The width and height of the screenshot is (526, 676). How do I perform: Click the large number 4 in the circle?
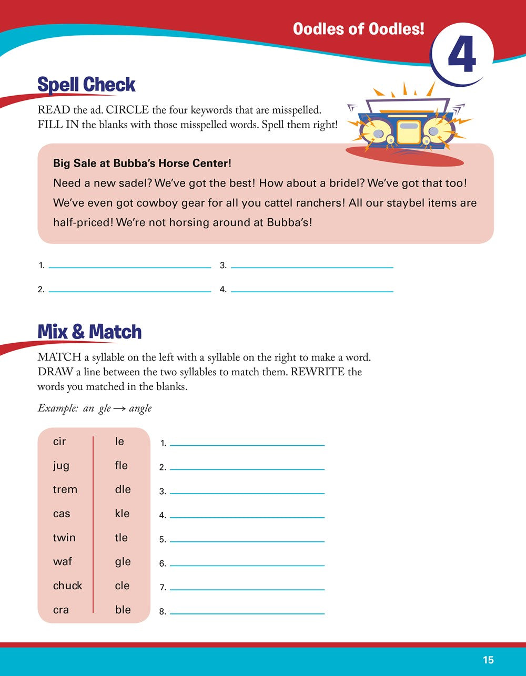point(462,54)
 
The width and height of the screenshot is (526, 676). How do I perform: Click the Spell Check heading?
point(87,85)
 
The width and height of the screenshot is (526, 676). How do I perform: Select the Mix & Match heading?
point(89,332)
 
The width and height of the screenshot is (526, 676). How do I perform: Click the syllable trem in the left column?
point(65,489)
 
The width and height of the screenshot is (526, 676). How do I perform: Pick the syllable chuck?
point(68,586)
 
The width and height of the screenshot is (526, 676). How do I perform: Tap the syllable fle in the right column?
point(122,465)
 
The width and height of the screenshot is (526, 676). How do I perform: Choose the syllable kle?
point(122,514)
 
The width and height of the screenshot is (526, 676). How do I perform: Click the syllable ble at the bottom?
point(123,610)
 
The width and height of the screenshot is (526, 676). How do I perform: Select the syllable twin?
point(64,538)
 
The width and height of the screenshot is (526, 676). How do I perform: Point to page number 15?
point(488,660)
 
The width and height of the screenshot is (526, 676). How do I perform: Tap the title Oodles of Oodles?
point(358,29)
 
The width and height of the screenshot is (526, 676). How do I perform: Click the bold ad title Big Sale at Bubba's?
point(142,163)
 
